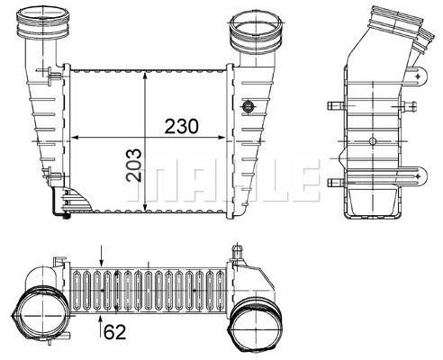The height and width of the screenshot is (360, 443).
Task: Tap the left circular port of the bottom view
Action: pos(40,315)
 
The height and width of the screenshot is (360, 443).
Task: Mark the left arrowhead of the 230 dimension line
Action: pos(75,138)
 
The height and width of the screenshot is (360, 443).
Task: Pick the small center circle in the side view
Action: pos(374,141)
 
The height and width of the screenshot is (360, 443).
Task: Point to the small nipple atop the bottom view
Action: pos(237,248)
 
